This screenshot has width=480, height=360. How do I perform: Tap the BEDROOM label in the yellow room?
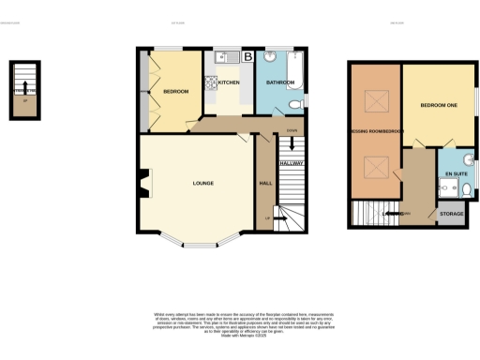click(x=175, y=91)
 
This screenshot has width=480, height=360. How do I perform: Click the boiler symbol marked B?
click(x=247, y=57)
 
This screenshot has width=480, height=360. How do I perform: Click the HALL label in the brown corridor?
click(x=265, y=183)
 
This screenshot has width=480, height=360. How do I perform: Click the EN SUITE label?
click(x=456, y=173)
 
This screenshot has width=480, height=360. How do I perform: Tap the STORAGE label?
click(x=452, y=215)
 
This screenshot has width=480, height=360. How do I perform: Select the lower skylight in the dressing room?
click(x=375, y=168)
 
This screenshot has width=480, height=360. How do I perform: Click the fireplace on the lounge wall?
click(x=143, y=183)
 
